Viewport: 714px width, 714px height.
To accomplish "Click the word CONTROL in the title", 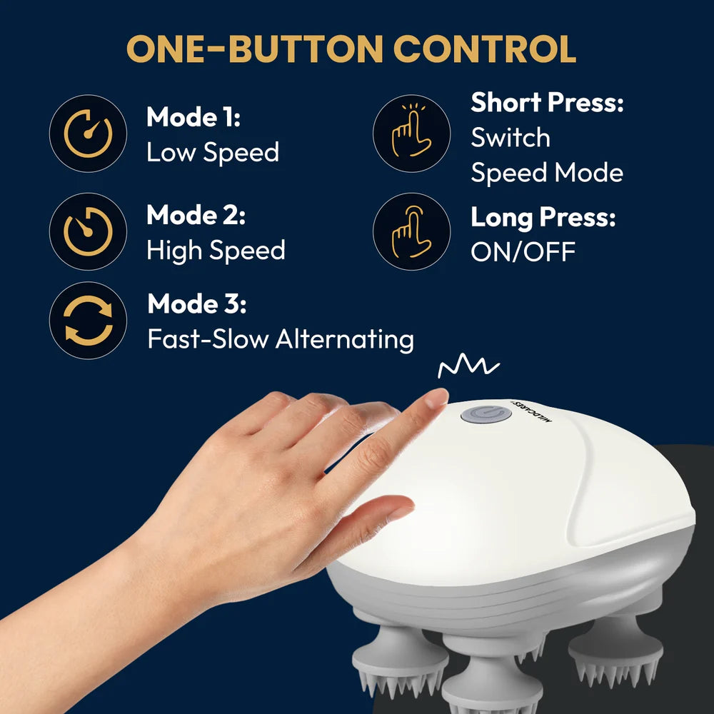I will (x=485, y=49).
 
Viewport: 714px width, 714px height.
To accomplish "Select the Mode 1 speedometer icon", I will (x=88, y=133).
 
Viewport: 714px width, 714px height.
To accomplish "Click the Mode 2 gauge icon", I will (x=88, y=231).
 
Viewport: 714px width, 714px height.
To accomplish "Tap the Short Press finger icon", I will (x=411, y=133).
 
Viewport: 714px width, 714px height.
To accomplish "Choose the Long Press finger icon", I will (x=411, y=231).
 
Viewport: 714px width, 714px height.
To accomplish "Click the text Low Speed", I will (x=213, y=152).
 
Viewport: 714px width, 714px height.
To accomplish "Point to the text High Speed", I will (x=216, y=250).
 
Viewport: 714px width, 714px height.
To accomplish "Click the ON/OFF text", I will (x=523, y=251).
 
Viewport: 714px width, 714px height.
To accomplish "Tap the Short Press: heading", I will (x=547, y=103).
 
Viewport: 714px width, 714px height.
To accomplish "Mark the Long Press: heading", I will (x=543, y=218).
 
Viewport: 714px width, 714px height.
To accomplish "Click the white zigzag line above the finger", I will (x=468, y=368).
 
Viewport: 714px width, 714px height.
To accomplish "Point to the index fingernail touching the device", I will (x=435, y=398).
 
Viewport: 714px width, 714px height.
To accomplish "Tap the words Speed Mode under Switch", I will (x=547, y=172).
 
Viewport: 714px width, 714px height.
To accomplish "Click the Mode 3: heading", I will (x=196, y=304).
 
